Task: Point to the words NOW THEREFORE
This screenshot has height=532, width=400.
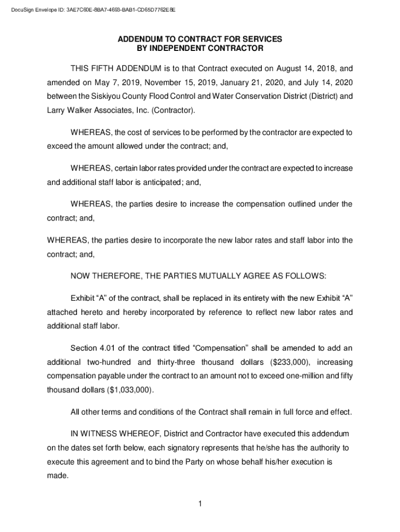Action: pyautogui.click(x=108, y=275)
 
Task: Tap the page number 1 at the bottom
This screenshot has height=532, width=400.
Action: pyautogui.click(x=200, y=503)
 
